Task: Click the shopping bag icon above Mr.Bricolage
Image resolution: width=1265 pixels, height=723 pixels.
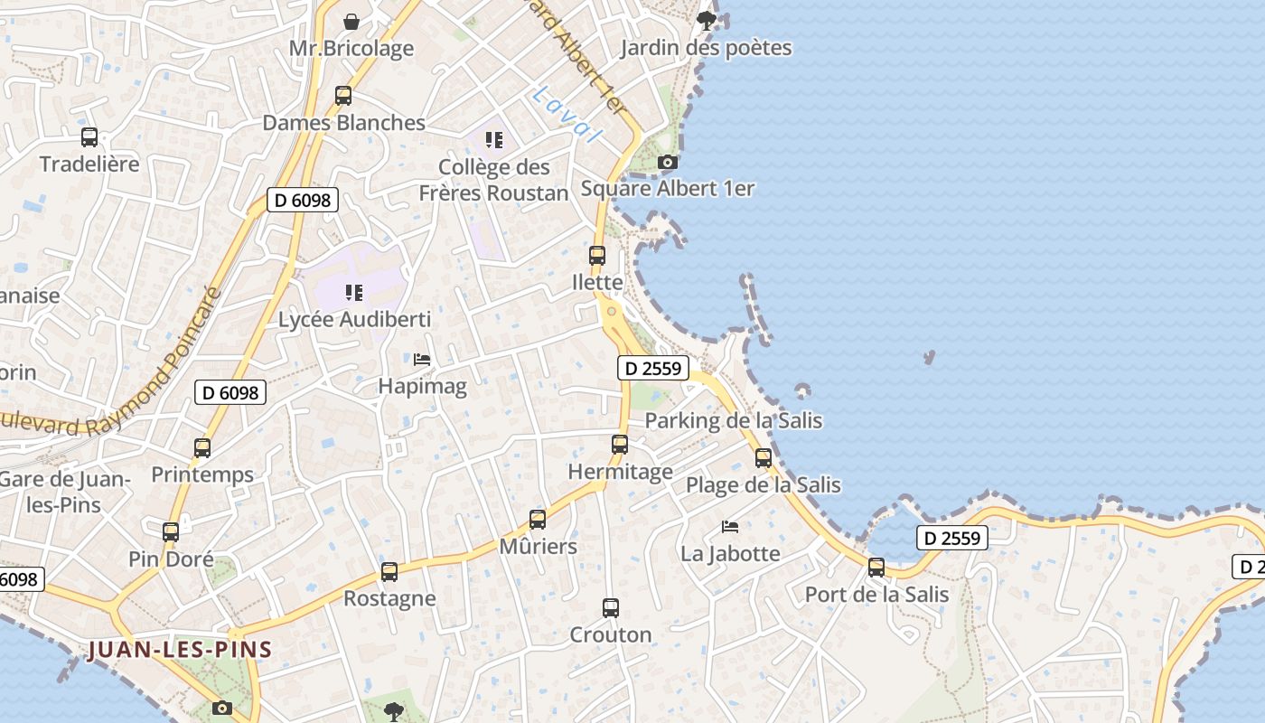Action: (351, 21)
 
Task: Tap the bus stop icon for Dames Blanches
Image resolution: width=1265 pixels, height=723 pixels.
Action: (343, 96)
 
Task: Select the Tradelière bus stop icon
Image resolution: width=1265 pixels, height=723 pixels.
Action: (89, 137)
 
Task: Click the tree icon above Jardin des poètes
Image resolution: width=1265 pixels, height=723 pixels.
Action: (707, 20)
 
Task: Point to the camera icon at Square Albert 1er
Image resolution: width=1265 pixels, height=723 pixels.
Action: (668, 162)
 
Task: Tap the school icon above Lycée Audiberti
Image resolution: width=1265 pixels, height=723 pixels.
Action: (354, 293)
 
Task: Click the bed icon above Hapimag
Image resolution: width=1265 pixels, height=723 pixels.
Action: (422, 360)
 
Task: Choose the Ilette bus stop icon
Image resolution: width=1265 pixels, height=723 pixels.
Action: (597, 256)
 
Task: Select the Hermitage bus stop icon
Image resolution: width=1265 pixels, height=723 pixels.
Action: (620, 445)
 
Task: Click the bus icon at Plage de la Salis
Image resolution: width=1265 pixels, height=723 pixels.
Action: (764, 458)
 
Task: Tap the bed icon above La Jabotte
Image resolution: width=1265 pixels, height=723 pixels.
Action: (730, 527)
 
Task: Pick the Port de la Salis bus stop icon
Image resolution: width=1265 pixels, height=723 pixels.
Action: (876, 568)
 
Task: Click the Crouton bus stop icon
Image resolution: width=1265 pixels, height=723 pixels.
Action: (611, 608)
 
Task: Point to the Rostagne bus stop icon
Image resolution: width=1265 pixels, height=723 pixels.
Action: (389, 572)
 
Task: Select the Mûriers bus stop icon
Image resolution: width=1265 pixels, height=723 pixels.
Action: (538, 520)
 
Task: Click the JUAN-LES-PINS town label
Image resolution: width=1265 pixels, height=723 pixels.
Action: (180, 650)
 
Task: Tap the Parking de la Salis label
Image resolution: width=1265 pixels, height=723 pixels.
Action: (733, 420)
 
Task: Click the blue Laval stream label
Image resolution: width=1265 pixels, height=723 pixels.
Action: (567, 114)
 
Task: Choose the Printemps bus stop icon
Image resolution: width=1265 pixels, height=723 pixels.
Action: (202, 448)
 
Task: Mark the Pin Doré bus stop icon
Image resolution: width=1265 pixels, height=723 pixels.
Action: (171, 532)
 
